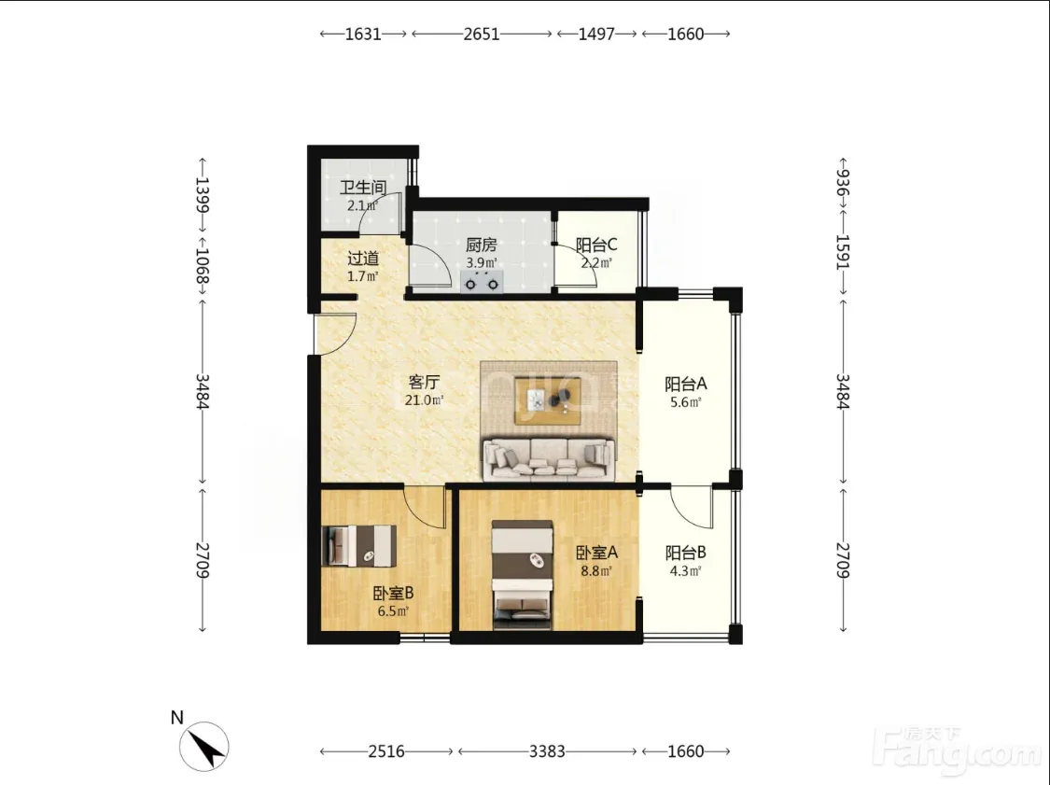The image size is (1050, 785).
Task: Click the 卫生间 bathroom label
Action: (362, 188)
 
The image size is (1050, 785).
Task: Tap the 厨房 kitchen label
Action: (481, 245)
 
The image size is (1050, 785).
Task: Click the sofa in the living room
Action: (549, 459)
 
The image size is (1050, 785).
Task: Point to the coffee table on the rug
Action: (548, 400)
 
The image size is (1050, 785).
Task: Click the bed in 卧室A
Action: (523, 575)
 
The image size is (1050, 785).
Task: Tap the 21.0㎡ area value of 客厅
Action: (424, 400)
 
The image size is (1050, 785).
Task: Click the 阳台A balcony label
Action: (686, 384)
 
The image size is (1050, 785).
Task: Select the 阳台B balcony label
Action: (686, 554)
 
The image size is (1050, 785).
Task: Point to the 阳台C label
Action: (596, 245)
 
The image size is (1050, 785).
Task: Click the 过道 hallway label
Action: (363, 259)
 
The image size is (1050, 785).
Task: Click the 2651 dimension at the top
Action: (482, 34)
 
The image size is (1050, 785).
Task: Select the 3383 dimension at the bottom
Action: (547, 751)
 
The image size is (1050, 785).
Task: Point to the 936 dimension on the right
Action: (843, 181)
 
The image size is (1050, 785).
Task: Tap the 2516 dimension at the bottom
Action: (386, 751)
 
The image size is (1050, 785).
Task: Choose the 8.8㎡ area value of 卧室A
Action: (596, 571)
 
